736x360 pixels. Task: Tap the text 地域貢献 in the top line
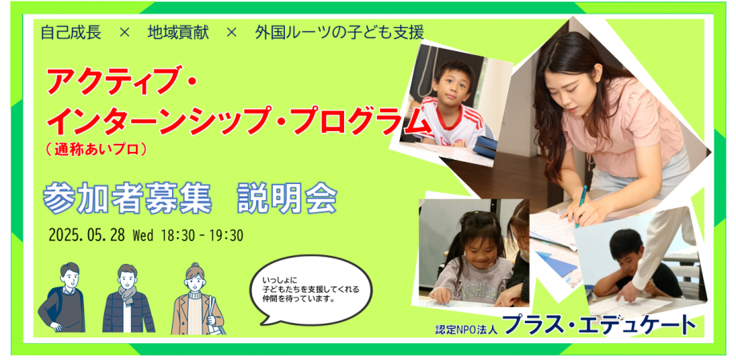[178, 34]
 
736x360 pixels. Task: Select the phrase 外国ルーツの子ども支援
[339, 34]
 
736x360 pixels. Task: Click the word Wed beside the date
[142, 236]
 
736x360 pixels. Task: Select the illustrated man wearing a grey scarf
[128, 298]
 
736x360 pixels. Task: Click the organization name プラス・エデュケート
[599, 325]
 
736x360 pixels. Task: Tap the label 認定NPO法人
[466, 328]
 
